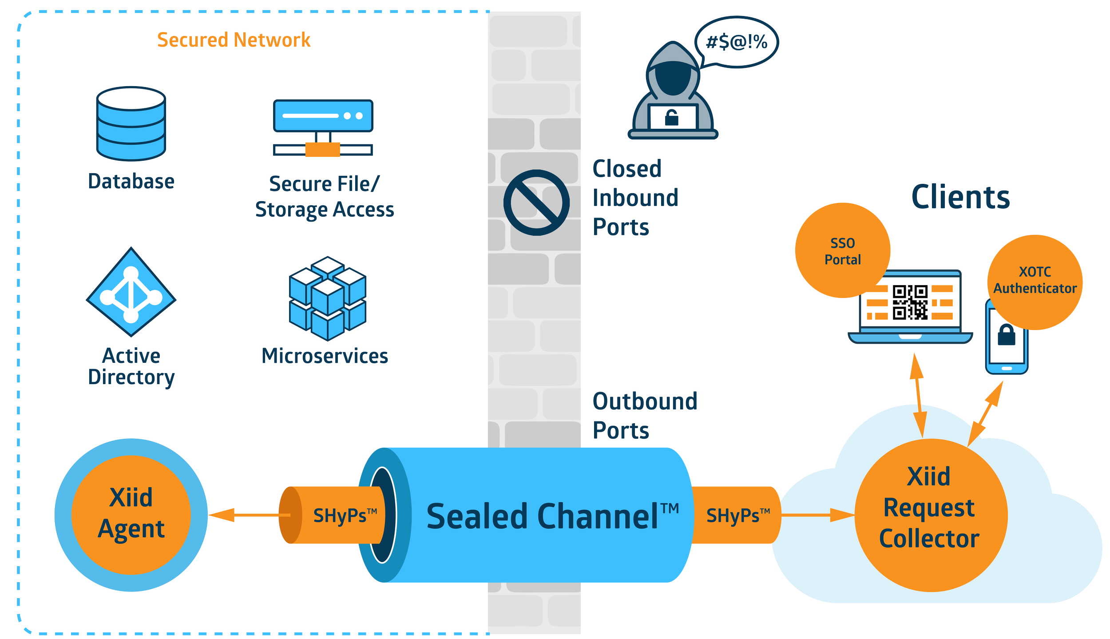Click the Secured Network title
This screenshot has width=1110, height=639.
click(234, 40)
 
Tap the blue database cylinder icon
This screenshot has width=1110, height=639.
click(131, 123)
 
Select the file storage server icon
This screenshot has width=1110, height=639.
click(323, 127)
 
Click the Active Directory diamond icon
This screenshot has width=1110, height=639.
click(131, 292)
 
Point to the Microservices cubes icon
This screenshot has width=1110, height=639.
click(328, 298)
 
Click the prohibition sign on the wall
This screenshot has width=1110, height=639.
click(536, 202)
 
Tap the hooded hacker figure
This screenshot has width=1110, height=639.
click(673, 93)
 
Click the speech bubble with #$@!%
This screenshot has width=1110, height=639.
click(737, 42)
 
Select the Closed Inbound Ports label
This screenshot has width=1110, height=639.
click(635, 198)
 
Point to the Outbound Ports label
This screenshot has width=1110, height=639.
click(644, 416)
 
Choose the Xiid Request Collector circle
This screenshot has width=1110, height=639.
click(931, 515)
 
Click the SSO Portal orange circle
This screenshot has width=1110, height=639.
click(842, 251)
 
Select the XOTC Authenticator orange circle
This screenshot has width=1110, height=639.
click(1035, 282)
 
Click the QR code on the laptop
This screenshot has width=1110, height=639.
click(910, 302)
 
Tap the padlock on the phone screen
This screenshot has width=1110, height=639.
click(1007, 335)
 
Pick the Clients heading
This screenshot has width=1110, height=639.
click(960, 198)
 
